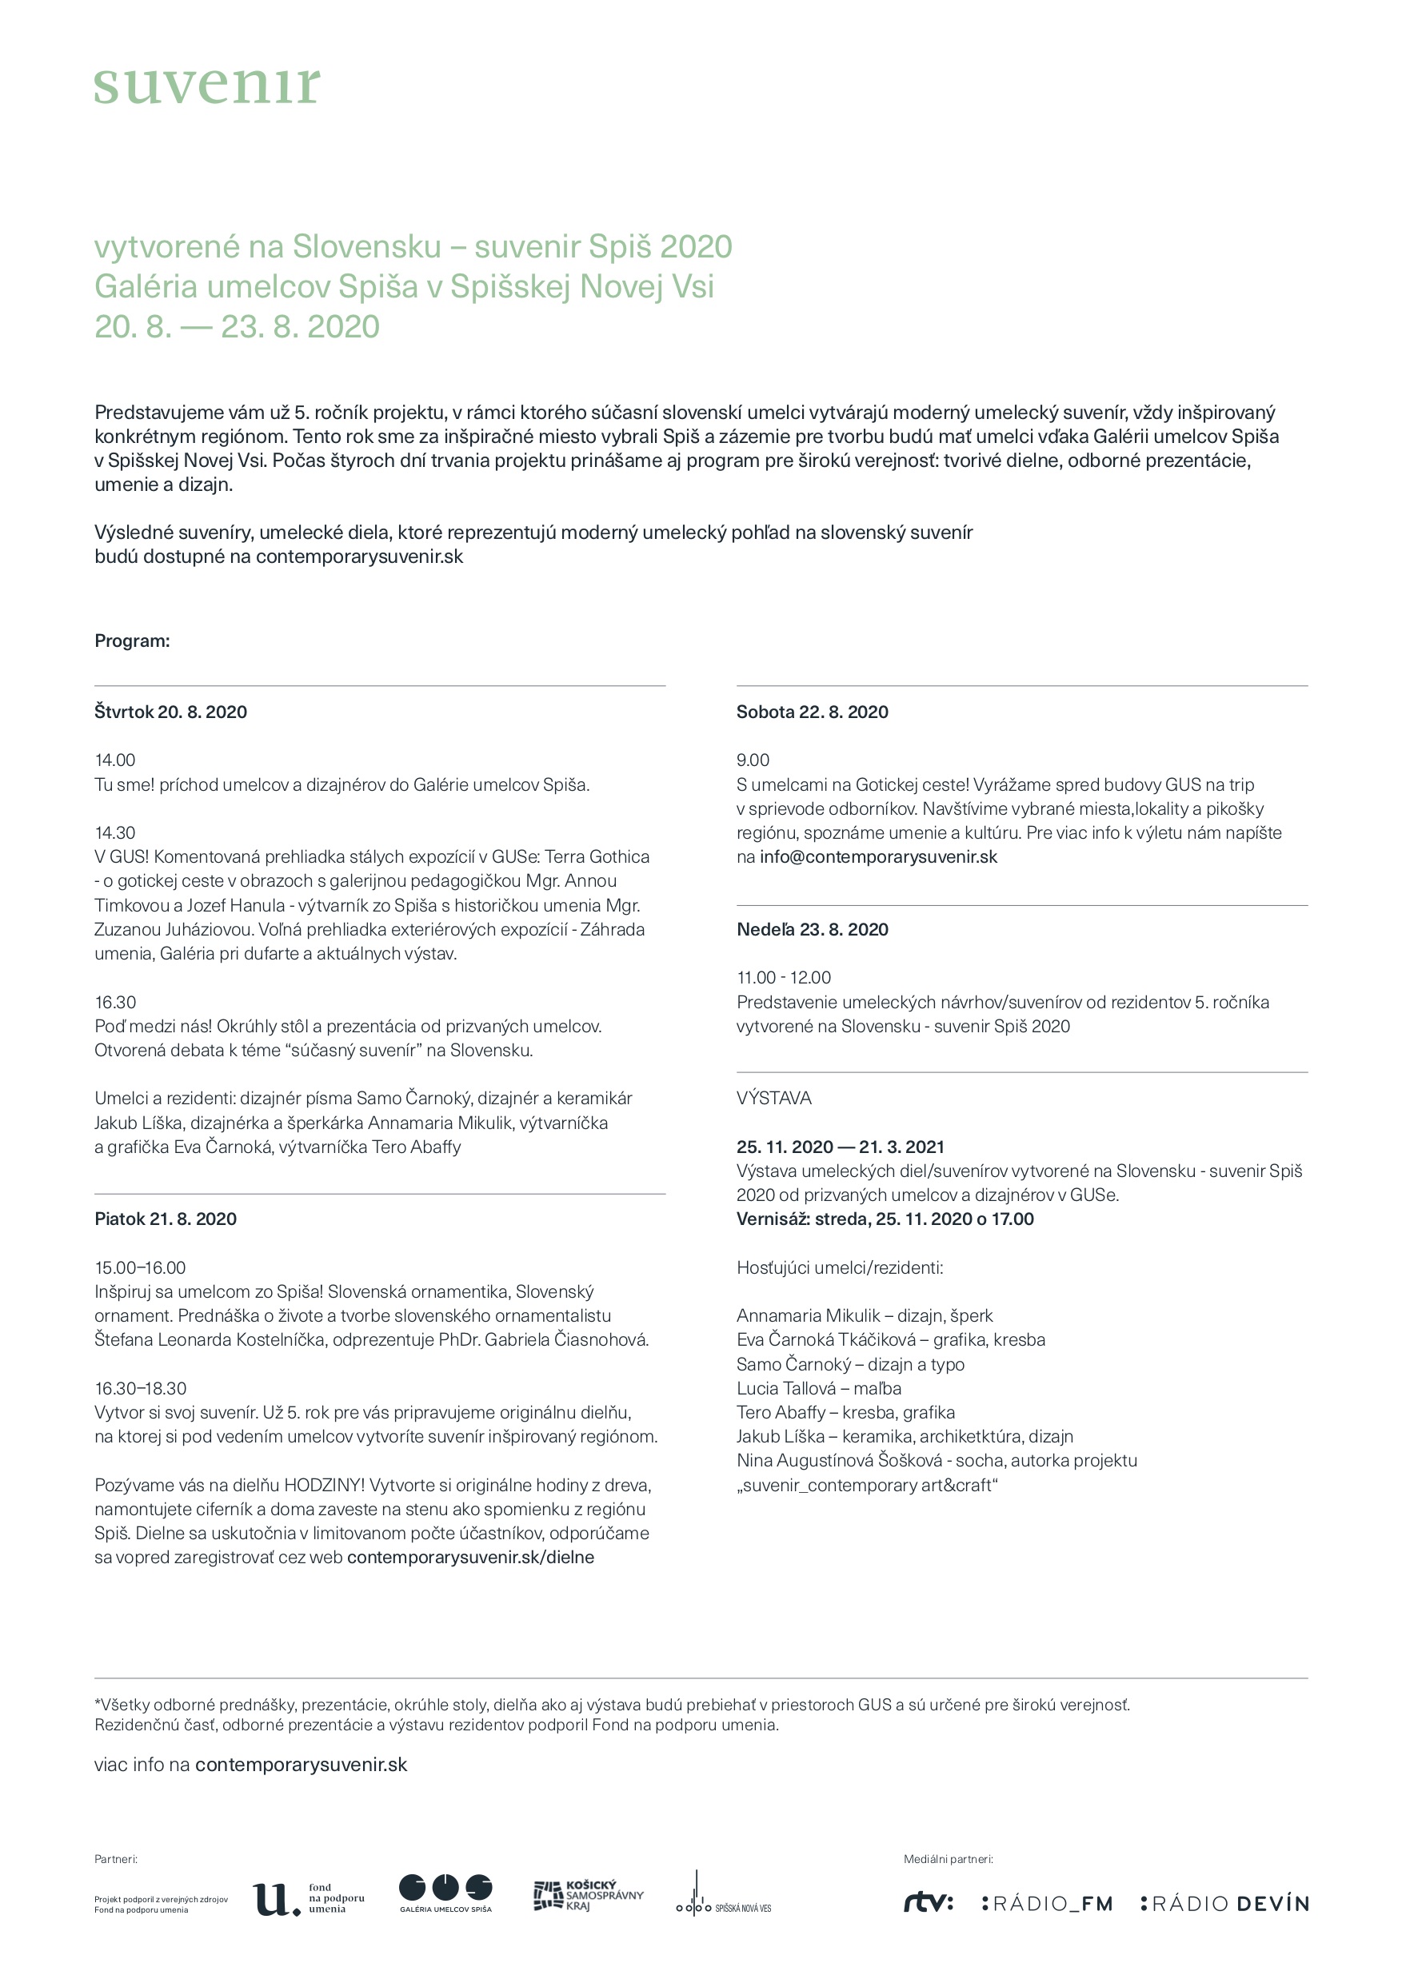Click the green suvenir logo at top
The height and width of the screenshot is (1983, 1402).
tap(206, 86)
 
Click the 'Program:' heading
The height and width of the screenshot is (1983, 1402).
tap(132, 640)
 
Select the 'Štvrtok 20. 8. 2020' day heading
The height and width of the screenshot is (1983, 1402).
tap(170, 712)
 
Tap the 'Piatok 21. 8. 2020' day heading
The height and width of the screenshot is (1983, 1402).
tap(165, 1219)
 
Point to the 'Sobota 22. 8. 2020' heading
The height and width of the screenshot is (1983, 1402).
tap(812, 712)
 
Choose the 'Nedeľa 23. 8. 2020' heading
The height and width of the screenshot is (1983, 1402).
tap(812, 929)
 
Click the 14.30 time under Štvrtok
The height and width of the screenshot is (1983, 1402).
tap(115, 832)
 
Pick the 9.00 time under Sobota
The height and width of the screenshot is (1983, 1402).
tap(753, 760)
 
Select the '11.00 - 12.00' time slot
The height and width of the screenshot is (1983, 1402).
tap(784, 978)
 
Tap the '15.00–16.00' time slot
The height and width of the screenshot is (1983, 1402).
tap(140, 1268)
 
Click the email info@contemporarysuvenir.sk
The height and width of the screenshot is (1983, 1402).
tap(877, 856)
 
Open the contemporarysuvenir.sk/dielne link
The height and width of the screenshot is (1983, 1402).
tap(470, 1557)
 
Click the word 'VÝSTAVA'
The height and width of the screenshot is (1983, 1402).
tap(774, 1098)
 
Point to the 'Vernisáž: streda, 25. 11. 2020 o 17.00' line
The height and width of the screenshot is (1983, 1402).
tap(885, 1219)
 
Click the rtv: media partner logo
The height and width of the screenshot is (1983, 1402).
tap(928, 1903)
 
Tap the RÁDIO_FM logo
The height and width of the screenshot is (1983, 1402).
tap(1047, 1904)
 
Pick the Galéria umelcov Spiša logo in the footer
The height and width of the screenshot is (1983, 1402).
tap(445, 1893)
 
